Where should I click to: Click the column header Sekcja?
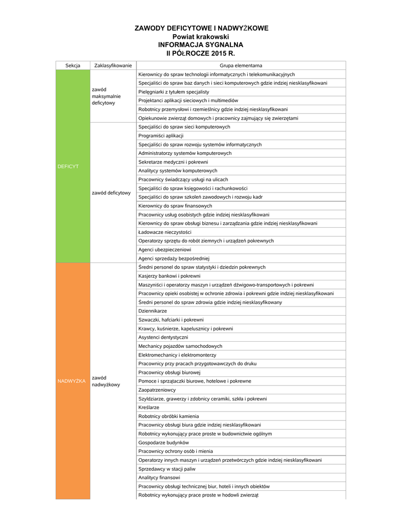pos(73,65)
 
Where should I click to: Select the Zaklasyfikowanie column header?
pos(113,65)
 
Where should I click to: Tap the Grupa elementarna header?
pos(241,65)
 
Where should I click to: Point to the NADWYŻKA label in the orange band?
pos(72,381)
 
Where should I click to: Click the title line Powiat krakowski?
pos(201,37)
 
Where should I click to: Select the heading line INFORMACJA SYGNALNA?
pos(201,45)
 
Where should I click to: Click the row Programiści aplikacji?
pos(161,136)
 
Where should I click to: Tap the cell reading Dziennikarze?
pos(152,311)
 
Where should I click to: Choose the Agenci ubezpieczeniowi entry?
pos(164,250)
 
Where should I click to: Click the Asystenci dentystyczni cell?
pos(163,337)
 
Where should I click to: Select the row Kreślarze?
pos(149,408)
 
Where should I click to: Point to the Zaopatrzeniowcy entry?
pos(157,390)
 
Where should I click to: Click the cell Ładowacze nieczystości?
pos(161,232)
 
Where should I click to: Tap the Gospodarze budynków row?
pos(163,442)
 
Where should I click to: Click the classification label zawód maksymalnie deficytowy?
pos(106,96)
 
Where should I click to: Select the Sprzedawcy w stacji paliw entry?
pos(167,469)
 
